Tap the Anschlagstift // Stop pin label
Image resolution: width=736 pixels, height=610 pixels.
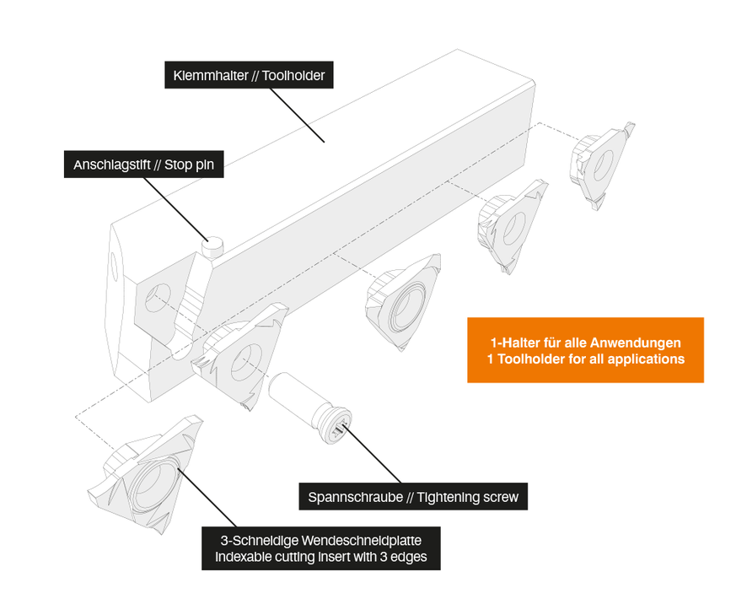(144, 165)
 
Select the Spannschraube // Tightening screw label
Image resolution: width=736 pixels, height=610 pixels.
(413, 498)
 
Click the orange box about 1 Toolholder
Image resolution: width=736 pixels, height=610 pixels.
(585, 350)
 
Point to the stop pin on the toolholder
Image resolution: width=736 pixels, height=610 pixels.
(213, 246)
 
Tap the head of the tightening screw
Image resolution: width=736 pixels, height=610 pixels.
(336, 424)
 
